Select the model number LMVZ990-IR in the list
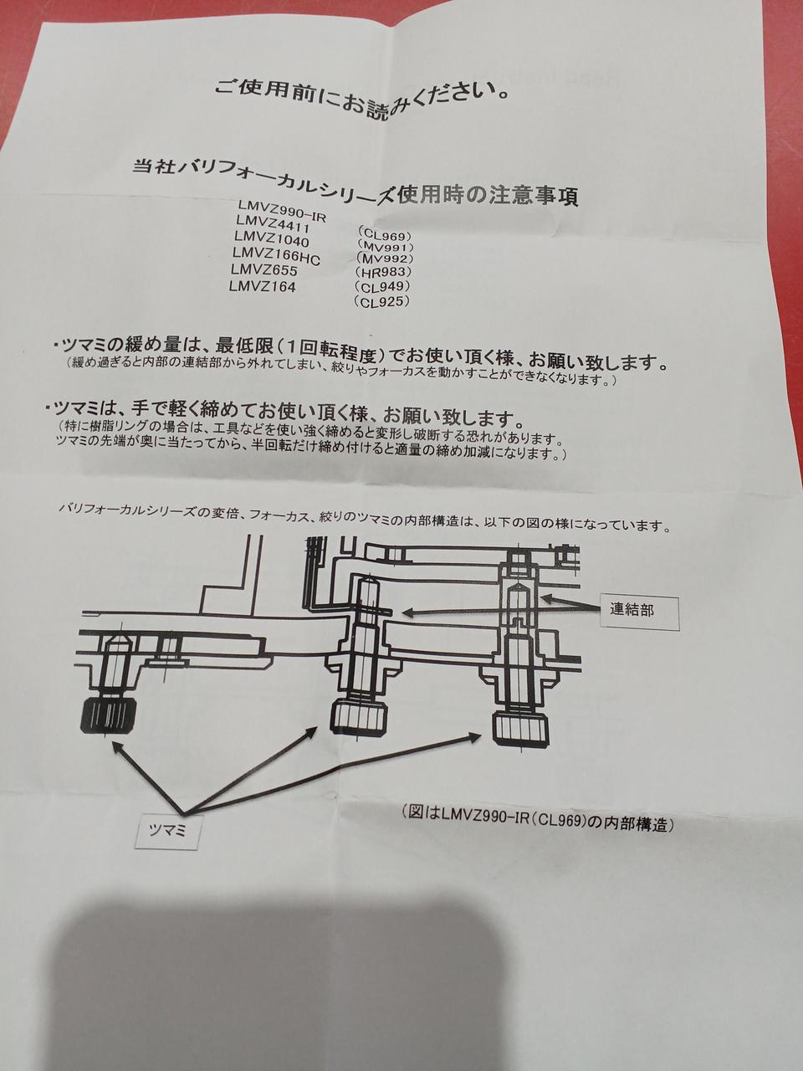[281, 206]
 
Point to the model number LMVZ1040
[274, 238]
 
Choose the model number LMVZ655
[265, 271]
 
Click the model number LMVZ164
[262, 288]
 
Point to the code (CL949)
[381, 287]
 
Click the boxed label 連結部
[632, 610]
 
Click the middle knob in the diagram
[361, 716]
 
